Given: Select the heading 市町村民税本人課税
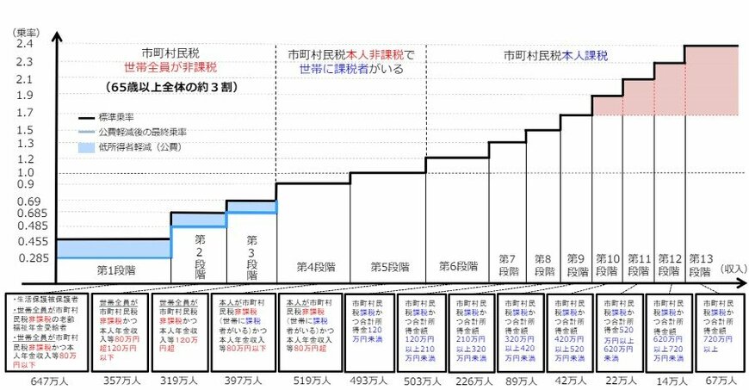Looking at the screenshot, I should [555, 55].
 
